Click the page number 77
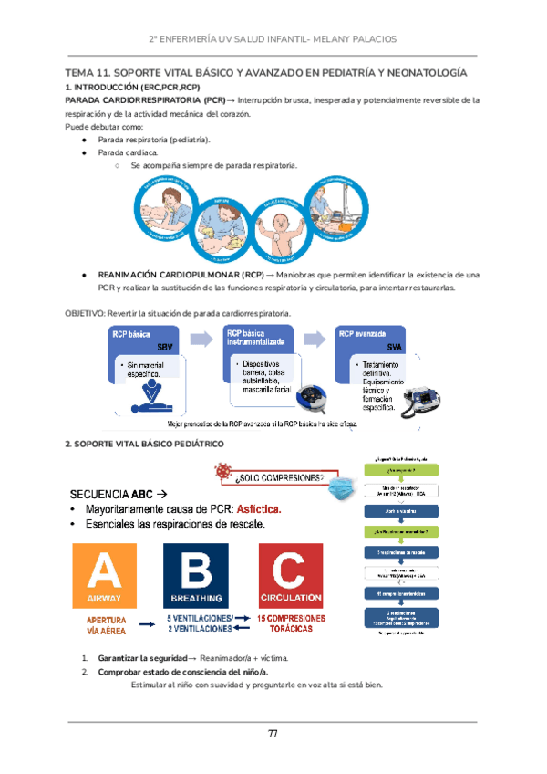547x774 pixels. tap(273, 735)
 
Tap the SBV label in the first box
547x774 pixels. tap(164, 348)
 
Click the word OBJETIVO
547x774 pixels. tap(83, 313)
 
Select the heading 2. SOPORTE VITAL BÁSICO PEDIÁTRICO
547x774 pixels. tap(150, 444)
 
